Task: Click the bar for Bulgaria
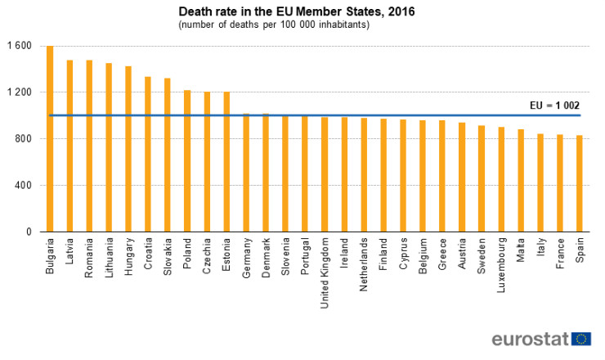(x=50, y=139)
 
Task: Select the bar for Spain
(x=580, y=183)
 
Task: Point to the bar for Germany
(x=246, y=173)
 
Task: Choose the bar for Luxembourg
(x=501, y=179)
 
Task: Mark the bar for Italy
(x=540, y=182)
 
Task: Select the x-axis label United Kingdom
(x=325, y=269)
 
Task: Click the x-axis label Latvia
(x=70, y=253)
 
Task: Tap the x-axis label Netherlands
(x=364, y=263)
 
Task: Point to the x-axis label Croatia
(x=148, y=254)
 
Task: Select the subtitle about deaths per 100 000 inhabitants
(x=274, y=25)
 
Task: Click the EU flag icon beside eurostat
(x=581, y=339)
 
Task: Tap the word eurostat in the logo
(x=530, y=339)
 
